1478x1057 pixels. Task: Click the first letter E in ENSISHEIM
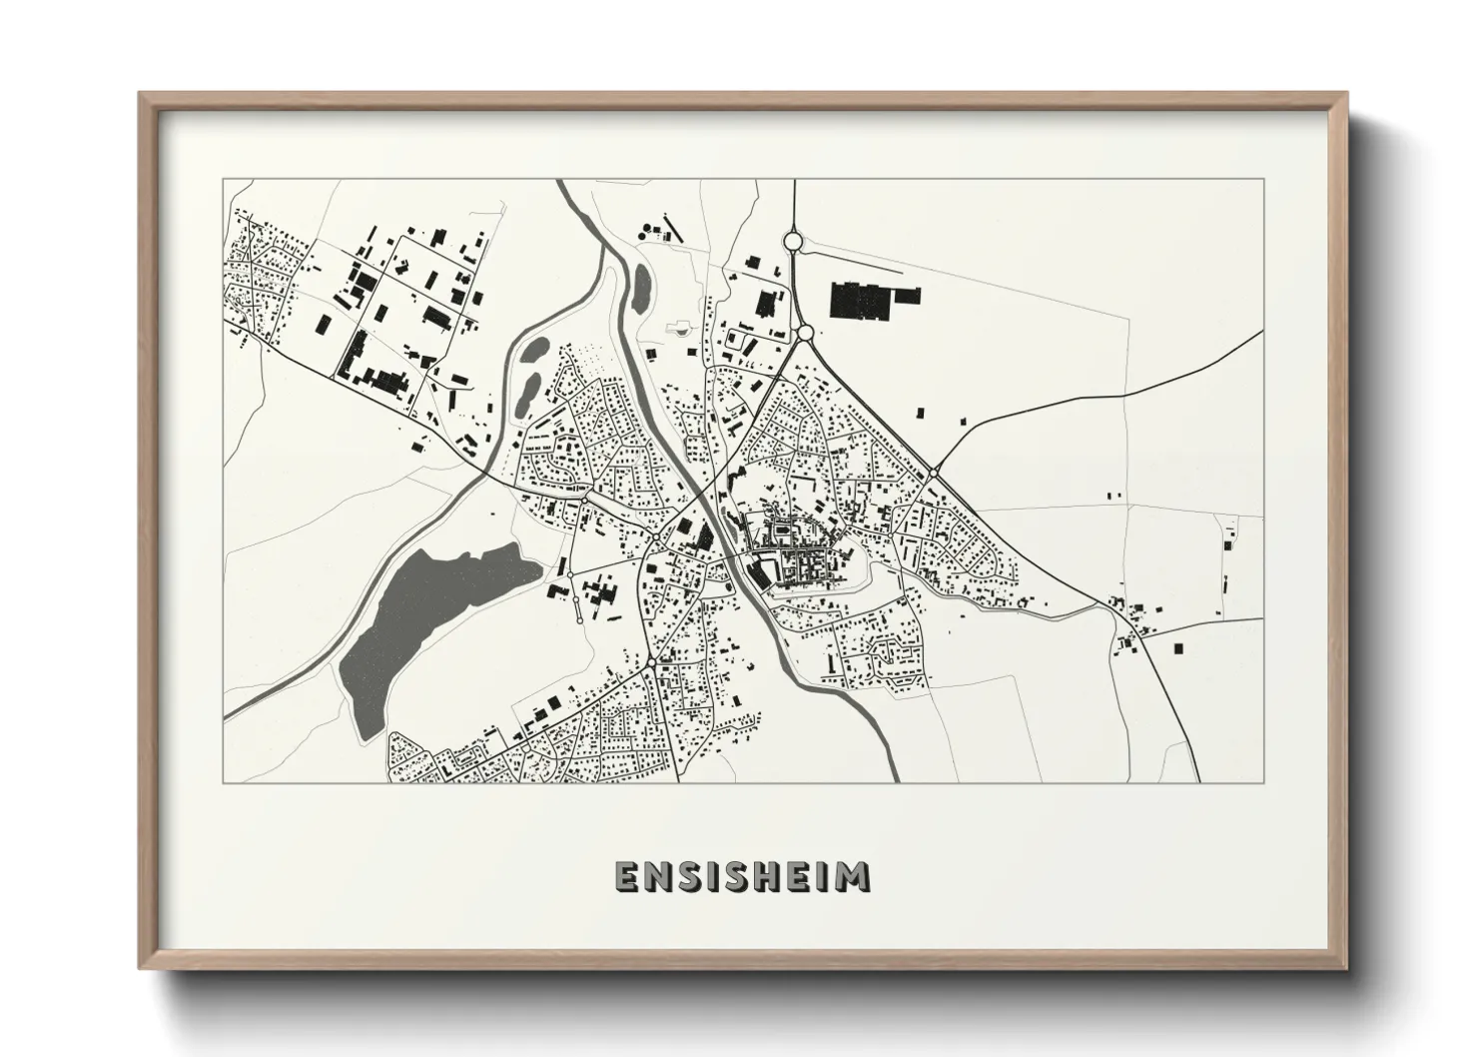[627, 876]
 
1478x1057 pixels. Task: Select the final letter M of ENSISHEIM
[854, 876]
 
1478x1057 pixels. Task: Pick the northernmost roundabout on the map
[793, 241]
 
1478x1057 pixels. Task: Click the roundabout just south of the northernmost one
[805, 332]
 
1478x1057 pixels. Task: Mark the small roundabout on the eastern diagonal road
[932, 472]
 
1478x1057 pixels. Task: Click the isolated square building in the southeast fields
[1183, 648]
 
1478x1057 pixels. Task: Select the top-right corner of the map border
[1263, 180]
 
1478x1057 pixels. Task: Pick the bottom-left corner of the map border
[224, 782]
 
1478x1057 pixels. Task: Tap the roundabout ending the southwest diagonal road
[651, 662]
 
